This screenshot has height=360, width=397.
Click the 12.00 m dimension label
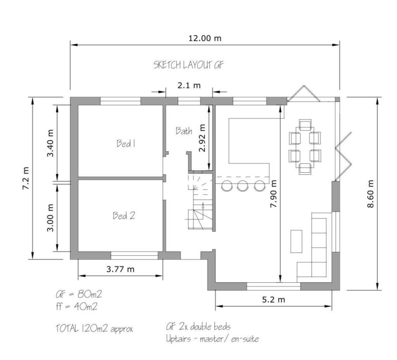tap(205, 38)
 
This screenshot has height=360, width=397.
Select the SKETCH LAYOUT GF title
tap(188, 65)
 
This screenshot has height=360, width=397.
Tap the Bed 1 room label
tap(126, 143)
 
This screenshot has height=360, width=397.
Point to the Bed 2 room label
tap(124, 215)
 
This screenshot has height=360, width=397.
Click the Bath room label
tap(184, 131)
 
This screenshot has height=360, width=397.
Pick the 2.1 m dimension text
tap(189, 85)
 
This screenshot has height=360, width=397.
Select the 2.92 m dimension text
tap(202, 138)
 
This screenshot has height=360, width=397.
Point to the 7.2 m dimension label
tap(26, 178)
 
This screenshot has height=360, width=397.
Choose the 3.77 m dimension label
tap(120, 269)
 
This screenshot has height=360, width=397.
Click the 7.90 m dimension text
tap(273, 194)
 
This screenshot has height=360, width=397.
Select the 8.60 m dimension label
tap(370, 194)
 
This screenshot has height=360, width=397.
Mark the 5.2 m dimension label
tap(273, 300)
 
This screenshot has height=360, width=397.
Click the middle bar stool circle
tap(242, 186)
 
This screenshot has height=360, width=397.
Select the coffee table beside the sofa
tap(296, 241)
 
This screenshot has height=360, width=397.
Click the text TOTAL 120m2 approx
tap(94, 329)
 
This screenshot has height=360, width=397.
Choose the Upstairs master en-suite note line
tap(212, 339)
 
